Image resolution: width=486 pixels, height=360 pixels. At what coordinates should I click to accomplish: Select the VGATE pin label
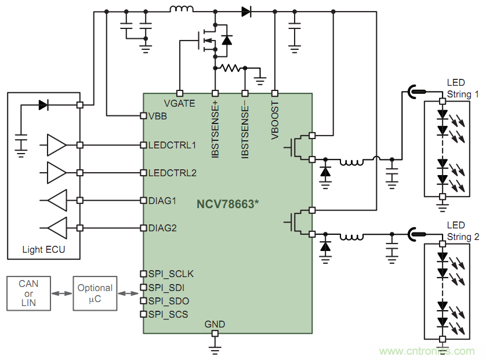click(x=179, y=103)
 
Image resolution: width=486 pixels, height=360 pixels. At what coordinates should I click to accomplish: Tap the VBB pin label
click(x=158, y=115)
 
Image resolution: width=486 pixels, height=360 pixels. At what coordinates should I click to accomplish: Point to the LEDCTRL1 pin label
click(x=172, y=144)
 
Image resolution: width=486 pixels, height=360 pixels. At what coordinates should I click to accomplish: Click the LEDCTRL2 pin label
click(x=172, y=172)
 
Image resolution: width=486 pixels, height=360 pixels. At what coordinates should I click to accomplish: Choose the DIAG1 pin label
click(x=162, y=201)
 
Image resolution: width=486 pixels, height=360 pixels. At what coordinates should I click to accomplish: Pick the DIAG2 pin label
click(x=162, y=228)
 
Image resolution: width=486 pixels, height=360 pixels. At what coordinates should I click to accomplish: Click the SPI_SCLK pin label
click(x=171, y=274)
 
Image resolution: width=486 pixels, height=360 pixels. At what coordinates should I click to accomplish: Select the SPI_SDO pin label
click(x=168, y=301)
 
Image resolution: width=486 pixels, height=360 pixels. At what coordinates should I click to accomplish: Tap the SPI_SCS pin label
click(x=168, y=314)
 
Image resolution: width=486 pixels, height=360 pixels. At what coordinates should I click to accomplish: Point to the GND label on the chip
click(x=215, y=324)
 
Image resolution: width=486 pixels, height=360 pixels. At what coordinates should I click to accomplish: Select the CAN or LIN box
click(x=29, y=293)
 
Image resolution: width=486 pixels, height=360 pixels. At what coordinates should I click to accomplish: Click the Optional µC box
click(x=95, y=293)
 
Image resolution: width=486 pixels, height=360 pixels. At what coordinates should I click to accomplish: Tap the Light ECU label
click(x=44, y=250)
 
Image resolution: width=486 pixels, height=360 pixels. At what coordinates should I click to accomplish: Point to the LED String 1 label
click(x=463, y=89)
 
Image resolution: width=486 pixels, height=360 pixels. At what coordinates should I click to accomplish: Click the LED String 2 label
click(x=463, y=231)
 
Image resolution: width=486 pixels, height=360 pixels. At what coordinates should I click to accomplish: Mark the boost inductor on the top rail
click(x=182, y=9)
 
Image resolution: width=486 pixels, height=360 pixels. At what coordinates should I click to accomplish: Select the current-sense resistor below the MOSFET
click(x=230, y=68)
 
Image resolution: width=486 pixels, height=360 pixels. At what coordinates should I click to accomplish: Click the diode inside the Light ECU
click(x=43, y=105)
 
